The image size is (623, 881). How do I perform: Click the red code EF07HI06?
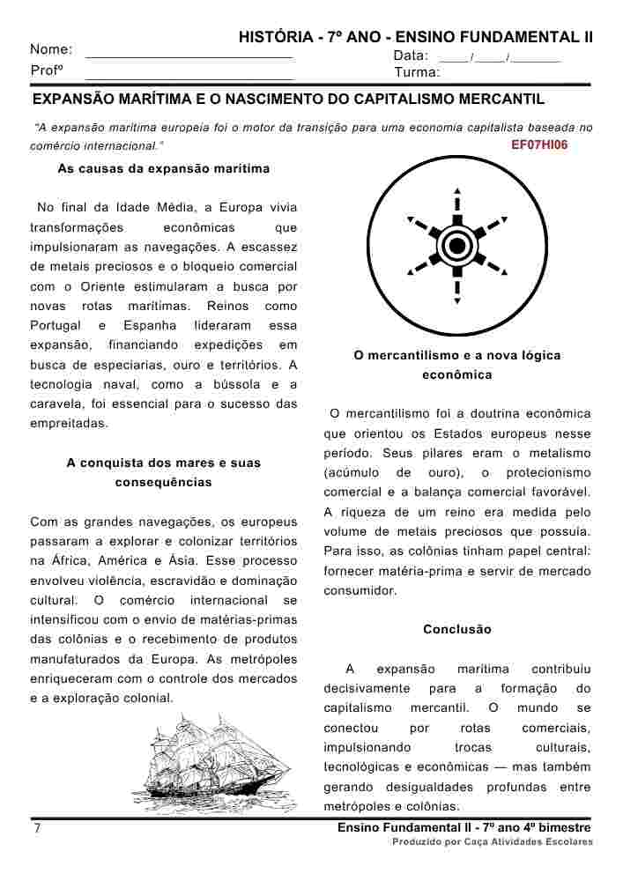click(539, 145)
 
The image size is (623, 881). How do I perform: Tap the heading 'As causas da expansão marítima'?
click(163, 168)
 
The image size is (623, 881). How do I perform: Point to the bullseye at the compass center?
click(456, 244)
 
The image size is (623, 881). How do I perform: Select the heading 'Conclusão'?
click(456, 630)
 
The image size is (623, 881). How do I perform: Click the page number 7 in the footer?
click(37, 829)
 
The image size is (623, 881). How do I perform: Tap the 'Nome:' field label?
click(51, 49)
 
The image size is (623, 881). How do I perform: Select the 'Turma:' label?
click(418, 72)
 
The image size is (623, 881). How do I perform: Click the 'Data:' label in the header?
click(411, 56)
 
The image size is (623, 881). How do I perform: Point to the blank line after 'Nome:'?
click(189, 56)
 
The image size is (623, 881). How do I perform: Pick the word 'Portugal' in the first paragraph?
click(56, 325)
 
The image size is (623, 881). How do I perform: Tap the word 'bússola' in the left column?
click(227, 384)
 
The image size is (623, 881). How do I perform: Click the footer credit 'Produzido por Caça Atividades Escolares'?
click(493, 842)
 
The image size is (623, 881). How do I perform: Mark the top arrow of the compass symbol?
click(456, 191)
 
